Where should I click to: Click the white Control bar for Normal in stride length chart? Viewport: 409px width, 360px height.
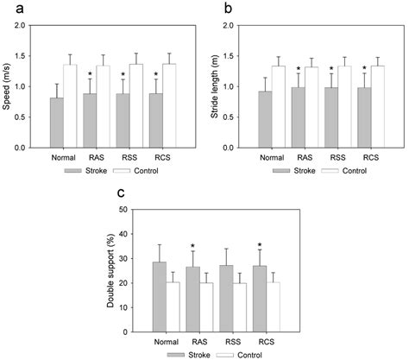pyautogui.click(x=279, y=107)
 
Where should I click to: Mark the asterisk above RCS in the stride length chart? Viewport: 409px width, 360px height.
pyautogui.click(x=364, y=68)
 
